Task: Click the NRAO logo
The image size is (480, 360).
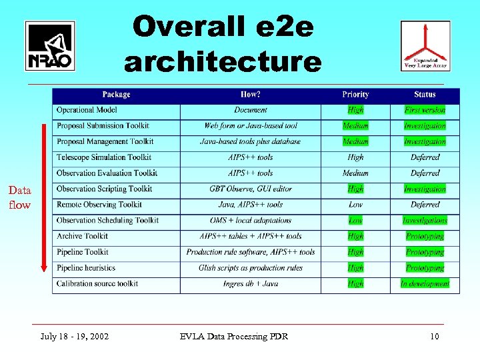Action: [x=50, y=46]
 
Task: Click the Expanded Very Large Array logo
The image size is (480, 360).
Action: [x=425, y=45]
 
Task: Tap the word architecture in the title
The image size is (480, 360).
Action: [x=223, y=62]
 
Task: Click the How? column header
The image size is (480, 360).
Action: [x=251, y=95]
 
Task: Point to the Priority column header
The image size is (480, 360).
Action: [x=355, y=95]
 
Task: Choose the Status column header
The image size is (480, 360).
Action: [x=425, y=95]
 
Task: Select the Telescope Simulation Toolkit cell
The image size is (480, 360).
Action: [x=104, y=157]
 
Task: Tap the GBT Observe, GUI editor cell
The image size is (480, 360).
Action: [x=251, y=189]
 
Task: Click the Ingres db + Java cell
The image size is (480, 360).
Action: [x=251, y=283]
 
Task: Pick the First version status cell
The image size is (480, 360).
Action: [x=425, y=110]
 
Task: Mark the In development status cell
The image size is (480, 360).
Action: [x=425, y=283]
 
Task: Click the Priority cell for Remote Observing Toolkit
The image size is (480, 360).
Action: [x=355, y=205]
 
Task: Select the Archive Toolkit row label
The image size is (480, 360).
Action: [x=82, y=236]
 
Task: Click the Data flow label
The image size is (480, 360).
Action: [x=19, y=197]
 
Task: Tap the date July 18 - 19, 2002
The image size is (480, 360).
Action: [x=75, y=336]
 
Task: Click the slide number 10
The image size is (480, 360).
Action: [x=434, y=336]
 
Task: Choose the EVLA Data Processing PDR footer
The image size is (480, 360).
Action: [x=234, y=336]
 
